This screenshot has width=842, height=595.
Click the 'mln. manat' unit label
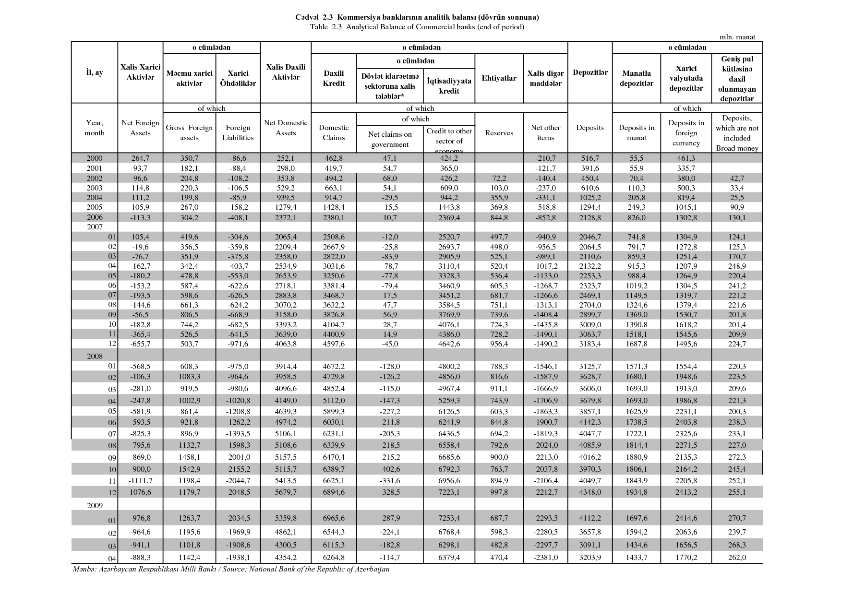point(737,36)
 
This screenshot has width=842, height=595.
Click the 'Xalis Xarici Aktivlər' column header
point(140,72)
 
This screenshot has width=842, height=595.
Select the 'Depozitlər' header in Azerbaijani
point(590,72)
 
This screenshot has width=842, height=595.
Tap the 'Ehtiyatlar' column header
point(499,78)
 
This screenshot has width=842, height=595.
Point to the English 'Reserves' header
point(499,133)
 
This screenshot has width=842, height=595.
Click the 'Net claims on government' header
point(390,139)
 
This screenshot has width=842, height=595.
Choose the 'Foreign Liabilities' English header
point(238,132)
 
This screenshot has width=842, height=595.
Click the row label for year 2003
point(95,188)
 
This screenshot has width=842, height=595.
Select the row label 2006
point(95,217)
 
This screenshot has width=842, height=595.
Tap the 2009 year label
point(95,505)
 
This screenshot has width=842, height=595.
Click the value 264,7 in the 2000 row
point(140,158)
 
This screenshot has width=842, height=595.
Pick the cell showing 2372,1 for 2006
point(286,217)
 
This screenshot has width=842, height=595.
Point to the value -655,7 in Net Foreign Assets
point(140,344)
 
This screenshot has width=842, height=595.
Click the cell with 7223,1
point(449,492)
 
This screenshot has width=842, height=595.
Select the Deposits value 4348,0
point(589,492)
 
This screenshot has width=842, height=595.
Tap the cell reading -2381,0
point(546,557)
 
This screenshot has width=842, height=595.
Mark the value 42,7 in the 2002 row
point(736,178)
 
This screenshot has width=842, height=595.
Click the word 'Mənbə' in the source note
point(83,569)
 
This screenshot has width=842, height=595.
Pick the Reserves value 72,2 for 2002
point(499,178)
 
